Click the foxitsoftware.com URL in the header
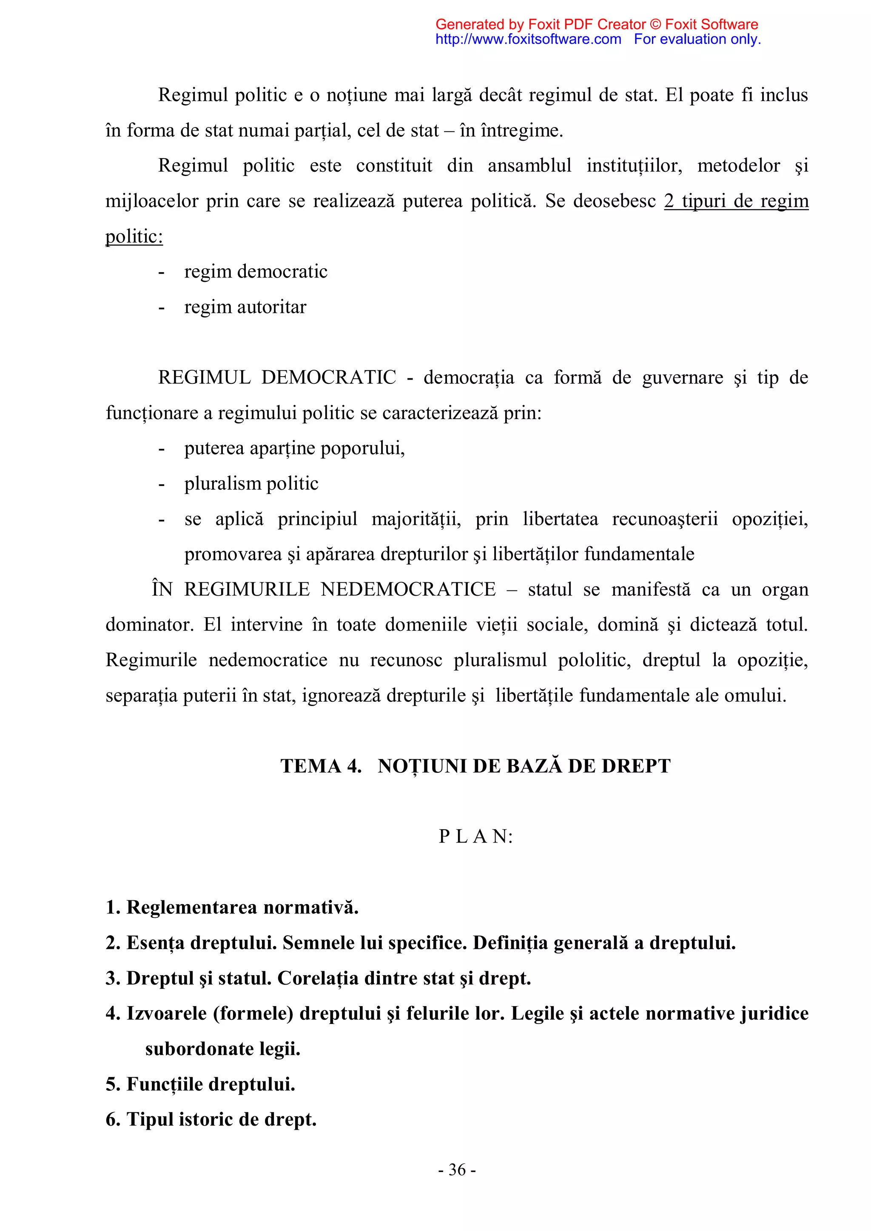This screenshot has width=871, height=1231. coord(528,39)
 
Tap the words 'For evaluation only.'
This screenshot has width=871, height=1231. coord(697,39)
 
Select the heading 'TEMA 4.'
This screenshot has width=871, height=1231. coord(321,766)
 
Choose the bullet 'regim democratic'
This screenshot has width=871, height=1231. coord(256,272)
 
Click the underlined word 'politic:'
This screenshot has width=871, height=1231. coord(134,236)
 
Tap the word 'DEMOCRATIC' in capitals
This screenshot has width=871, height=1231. coord(328,377)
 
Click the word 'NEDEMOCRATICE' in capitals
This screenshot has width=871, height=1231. coord(408,589)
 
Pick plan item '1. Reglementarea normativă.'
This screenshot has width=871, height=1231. coord(232,908)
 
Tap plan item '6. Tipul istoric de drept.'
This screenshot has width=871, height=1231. coord(211,1120)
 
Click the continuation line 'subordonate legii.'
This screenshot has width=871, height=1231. coord(222,1049)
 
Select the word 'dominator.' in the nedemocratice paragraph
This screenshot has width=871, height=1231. coord(149,624)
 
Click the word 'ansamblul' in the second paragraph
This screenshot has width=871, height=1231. coord(529,166)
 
